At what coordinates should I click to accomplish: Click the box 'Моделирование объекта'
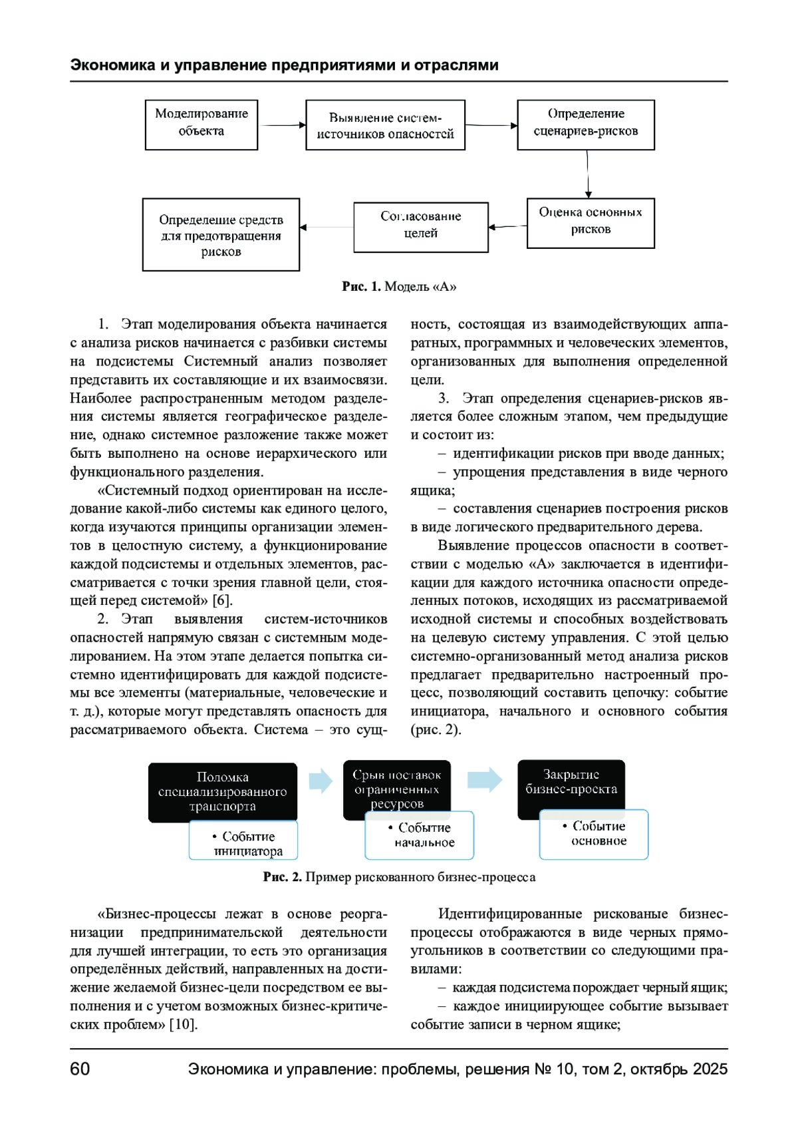[201, 124]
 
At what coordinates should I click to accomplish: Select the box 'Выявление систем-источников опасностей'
[385, 125]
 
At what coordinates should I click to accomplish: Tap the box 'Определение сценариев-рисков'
[586, 124]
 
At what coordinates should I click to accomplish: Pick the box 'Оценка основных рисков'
[591, 223]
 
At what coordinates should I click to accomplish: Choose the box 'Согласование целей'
[421, 227]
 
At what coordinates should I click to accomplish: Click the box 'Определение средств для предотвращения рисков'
[221, 234]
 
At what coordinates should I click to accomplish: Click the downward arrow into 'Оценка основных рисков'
[588, 174]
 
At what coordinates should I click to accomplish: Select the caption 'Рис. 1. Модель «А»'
[399, 287]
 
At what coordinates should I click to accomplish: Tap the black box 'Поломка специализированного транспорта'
[223, 791]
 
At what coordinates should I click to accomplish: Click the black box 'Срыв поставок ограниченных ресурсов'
[397, 785]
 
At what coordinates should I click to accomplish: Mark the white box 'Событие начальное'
[420, 836]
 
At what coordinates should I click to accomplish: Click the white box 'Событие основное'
[594, 834]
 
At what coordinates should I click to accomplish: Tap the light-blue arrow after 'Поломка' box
[321, 781]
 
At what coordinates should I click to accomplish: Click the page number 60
[80, 1069]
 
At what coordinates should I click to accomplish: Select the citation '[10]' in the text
[182, 1024]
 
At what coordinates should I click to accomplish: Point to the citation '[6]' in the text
[221, 600]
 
